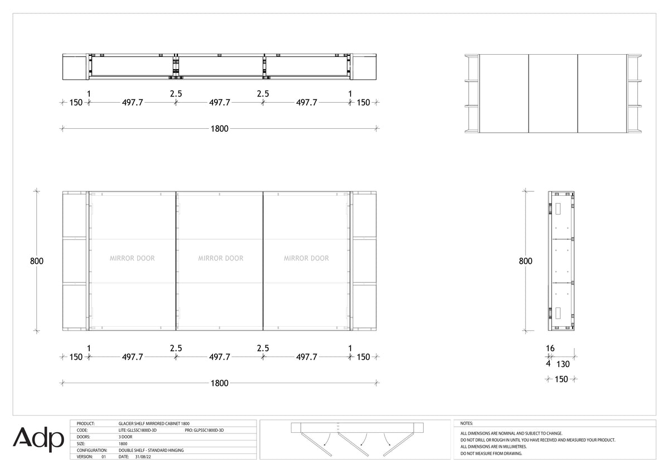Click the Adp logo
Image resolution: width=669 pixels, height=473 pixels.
[38, 439]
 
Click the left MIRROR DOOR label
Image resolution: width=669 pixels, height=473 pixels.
[132, 258]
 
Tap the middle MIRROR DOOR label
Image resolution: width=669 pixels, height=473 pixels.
[221, 258]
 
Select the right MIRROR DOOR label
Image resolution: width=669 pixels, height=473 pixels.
[306, 258]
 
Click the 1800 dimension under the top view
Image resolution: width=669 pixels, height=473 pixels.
[220, 129]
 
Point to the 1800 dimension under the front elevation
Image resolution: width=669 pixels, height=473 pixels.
[220, 383]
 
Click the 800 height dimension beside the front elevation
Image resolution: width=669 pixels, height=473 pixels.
[37, 261]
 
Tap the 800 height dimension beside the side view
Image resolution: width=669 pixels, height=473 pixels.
[525, 261]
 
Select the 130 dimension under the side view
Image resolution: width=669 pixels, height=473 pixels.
[563, 364]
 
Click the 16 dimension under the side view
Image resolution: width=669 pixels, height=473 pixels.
[550, 349]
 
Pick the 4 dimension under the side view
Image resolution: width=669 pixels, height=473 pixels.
[548, 364]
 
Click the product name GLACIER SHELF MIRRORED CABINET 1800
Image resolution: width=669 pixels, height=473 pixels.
[154, 423]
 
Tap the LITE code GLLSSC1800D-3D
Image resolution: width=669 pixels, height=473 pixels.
[137, 430]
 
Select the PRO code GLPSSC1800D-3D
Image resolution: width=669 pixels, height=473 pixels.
[204, 430]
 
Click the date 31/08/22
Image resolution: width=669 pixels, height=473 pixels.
[143, 457]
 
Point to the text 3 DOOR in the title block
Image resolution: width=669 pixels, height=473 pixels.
[125, 437]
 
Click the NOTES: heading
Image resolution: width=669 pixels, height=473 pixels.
[467, 423]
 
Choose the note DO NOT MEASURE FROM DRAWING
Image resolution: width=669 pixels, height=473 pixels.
[491, 453]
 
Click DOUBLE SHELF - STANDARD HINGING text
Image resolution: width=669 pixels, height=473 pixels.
[151, 450]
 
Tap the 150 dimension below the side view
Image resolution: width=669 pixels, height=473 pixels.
[561, 379]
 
